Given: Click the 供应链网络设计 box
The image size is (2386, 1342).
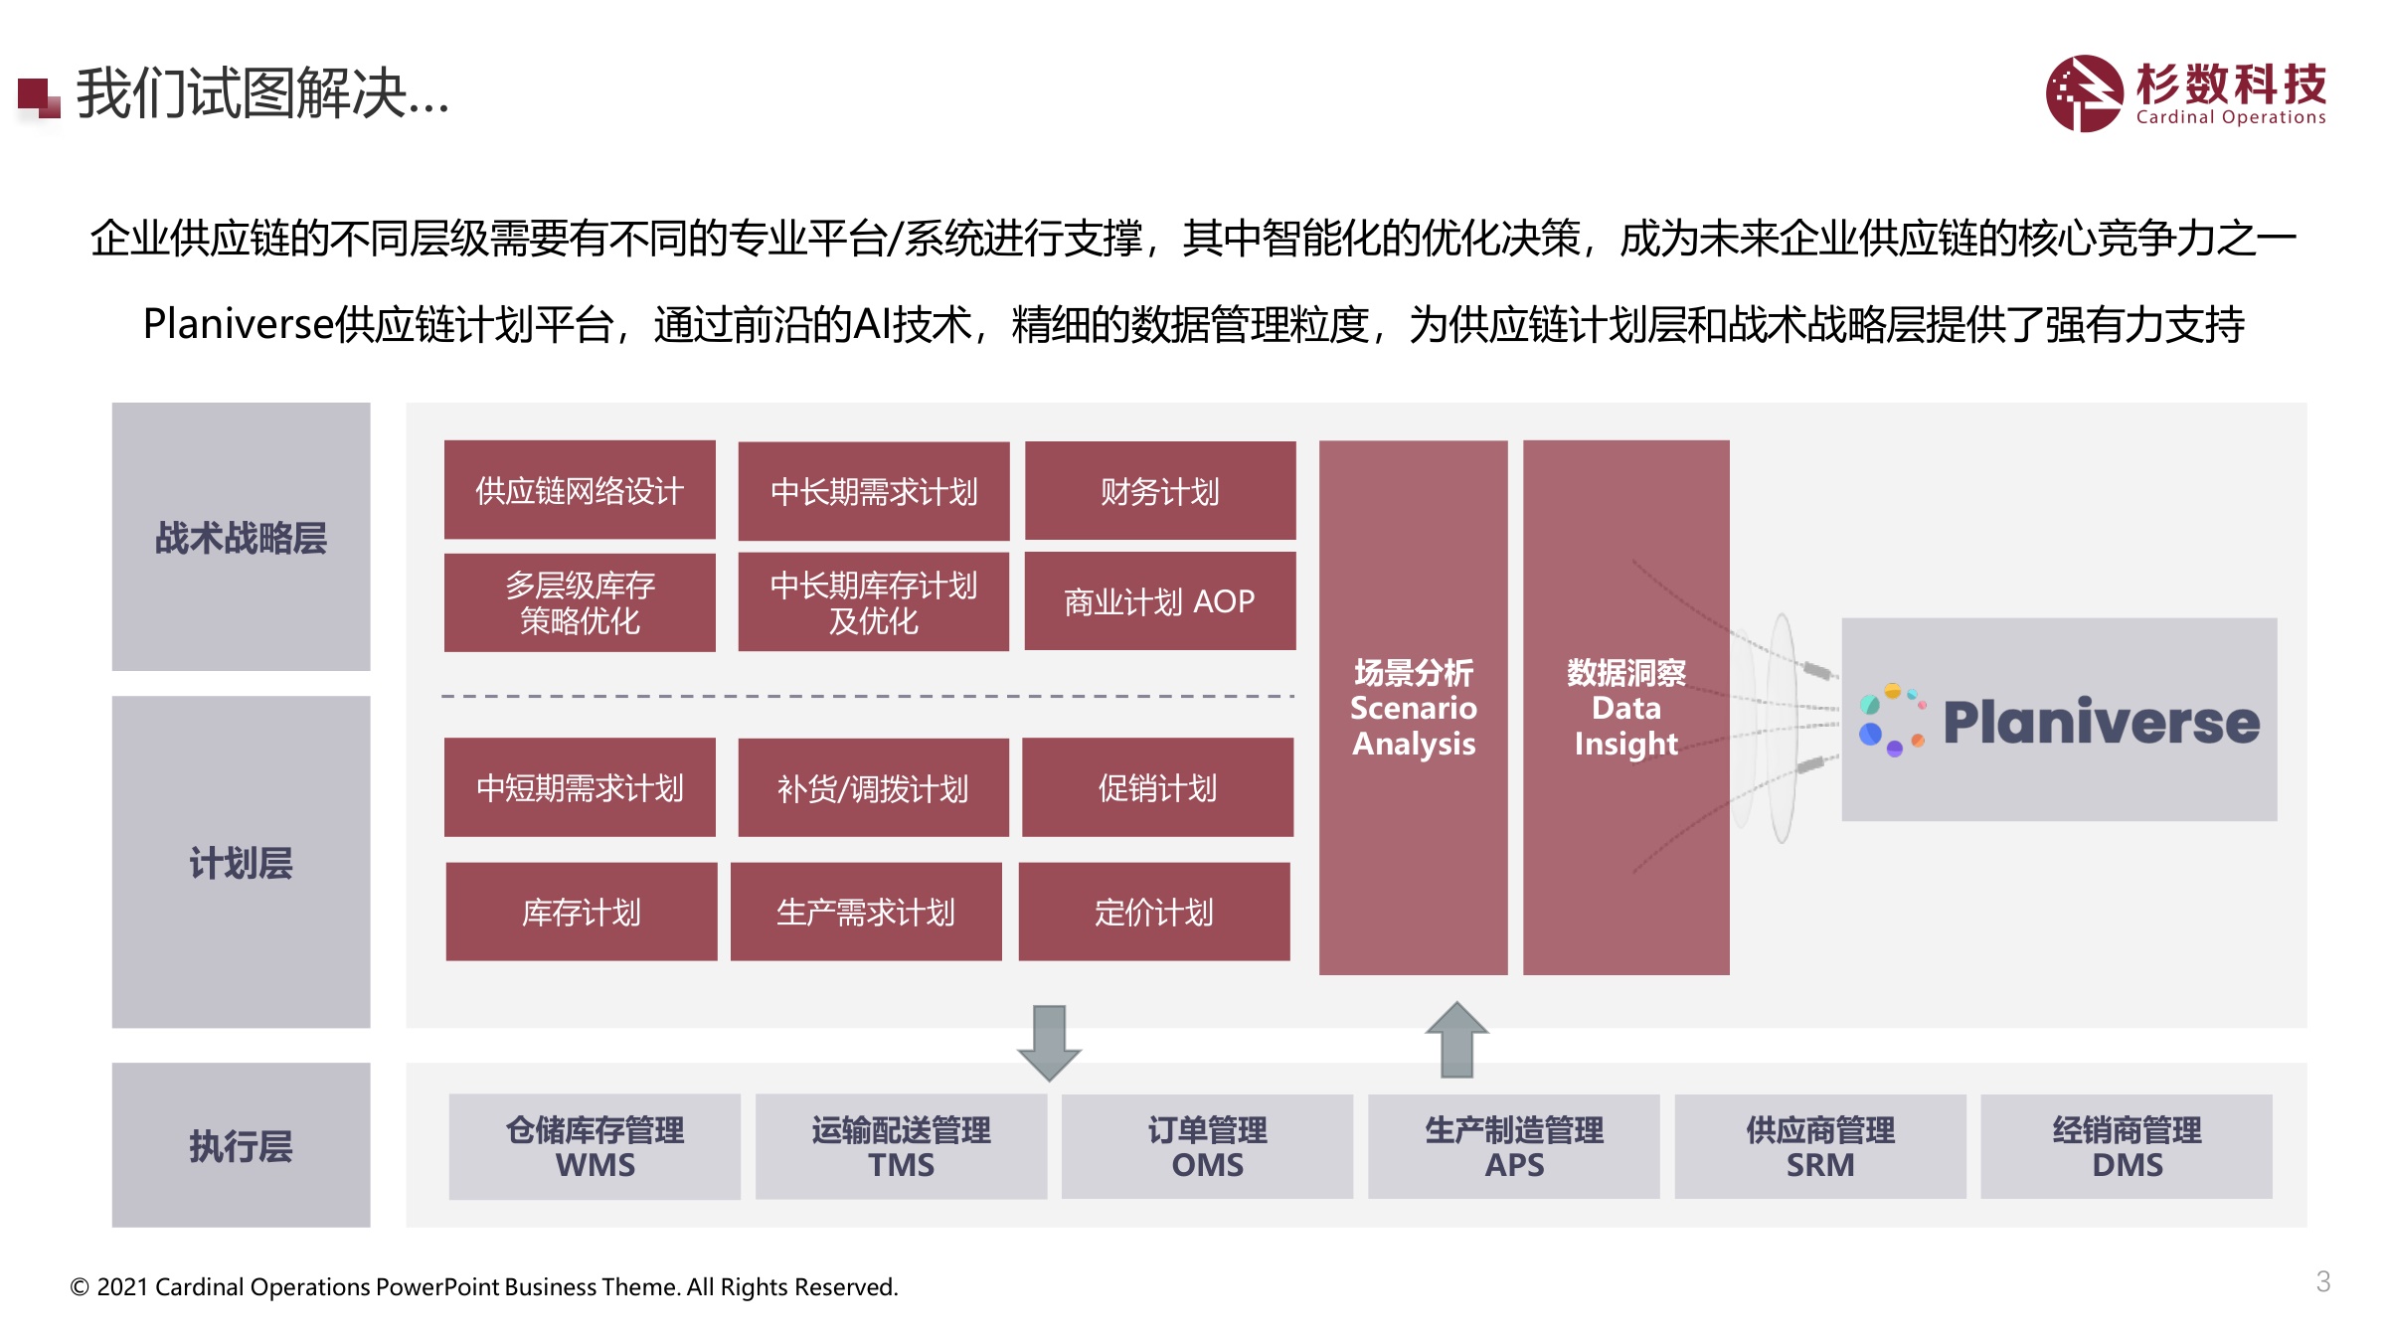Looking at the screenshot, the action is [x=580, y=489].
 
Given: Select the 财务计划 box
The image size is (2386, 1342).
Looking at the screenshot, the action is [x=1160, y=490].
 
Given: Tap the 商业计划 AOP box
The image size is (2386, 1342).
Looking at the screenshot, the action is [x=1160, y=600].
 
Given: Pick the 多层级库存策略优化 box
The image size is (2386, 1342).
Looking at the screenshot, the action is [x=580, y=602].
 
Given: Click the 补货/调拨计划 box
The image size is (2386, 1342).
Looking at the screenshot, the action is [x=873, y=787].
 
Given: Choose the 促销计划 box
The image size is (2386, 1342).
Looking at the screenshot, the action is [x=1157, y=787].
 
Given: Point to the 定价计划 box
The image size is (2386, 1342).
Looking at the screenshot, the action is [x=1154, y=912].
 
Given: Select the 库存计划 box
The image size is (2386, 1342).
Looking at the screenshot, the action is [x=582, y=912].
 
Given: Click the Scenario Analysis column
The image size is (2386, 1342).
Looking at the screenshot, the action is [x=1413, y=708].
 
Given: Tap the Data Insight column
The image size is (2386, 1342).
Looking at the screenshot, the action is [x=1626, y=708].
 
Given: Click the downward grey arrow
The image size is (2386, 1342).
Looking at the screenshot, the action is [x=1049, y=1043].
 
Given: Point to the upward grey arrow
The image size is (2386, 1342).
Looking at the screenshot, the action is [x=1456, y=1040].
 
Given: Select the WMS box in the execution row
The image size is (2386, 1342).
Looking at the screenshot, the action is [x=595, y=1147].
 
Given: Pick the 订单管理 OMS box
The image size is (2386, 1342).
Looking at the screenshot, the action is [x=1207, y=1147].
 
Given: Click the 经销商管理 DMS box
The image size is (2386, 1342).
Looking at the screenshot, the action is [x=2127, y=1147].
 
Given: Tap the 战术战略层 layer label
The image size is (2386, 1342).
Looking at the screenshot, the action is [x=241, y=537].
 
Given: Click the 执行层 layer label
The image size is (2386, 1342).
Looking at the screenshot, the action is [x=241, y=1145].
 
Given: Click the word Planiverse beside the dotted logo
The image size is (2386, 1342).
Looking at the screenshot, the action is [x=2101, y=722].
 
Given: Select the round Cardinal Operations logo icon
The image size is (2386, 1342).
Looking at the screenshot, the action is [x=2084, y=93].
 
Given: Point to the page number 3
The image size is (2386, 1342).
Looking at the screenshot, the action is [x=2323, y=1281].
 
